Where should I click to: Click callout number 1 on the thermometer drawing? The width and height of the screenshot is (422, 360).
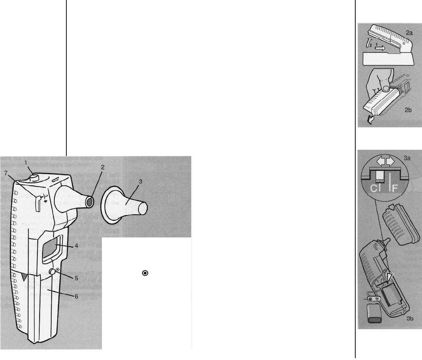(26, 162)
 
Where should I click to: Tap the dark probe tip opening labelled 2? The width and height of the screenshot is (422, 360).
(88, 202)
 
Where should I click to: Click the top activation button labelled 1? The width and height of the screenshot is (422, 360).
(34, 177)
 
